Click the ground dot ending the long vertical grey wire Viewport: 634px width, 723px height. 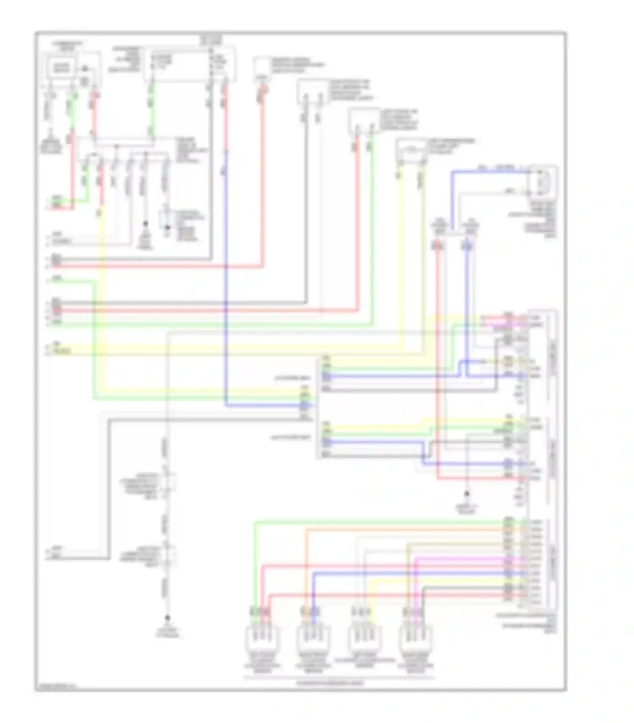tap(168, 618)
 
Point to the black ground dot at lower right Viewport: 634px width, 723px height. tap(467, 493)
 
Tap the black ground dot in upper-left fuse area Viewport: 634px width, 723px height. tap(145, 223)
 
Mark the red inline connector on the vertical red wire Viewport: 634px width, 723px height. tap(438, 245)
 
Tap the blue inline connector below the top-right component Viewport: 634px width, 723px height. tap(467, 245)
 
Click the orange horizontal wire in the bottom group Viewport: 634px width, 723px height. tap(402, 529)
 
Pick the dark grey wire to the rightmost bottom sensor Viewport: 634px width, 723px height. tap(465, 587)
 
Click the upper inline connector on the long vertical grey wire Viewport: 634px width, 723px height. tap(168, 480)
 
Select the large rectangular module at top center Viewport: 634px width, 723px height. tap(190, 65)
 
